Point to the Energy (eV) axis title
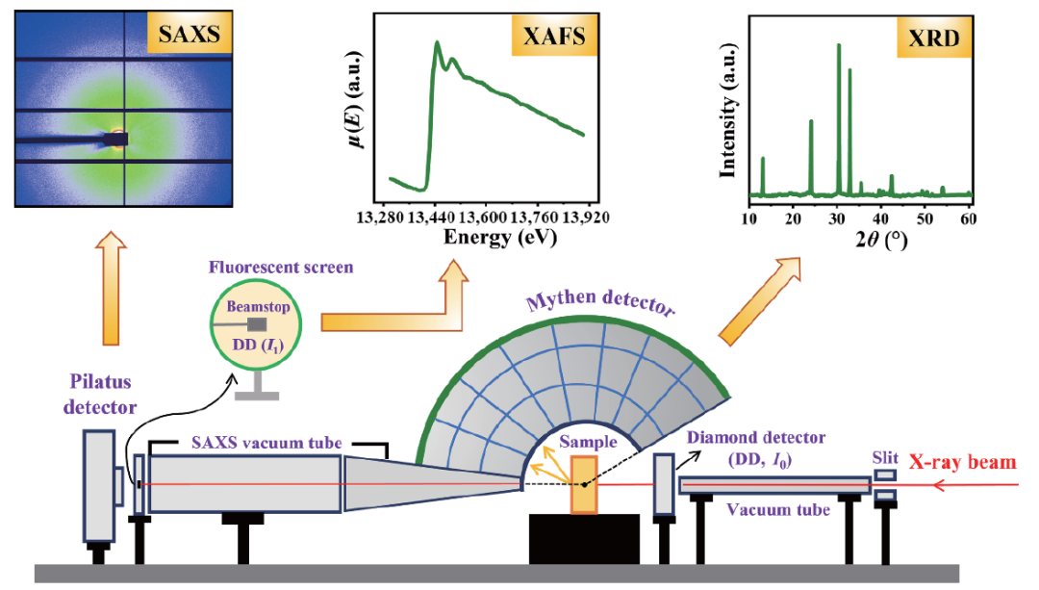coord(500,237)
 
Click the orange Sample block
coord(583,485)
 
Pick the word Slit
coord(885,455)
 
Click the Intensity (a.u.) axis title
coord(728,107)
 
